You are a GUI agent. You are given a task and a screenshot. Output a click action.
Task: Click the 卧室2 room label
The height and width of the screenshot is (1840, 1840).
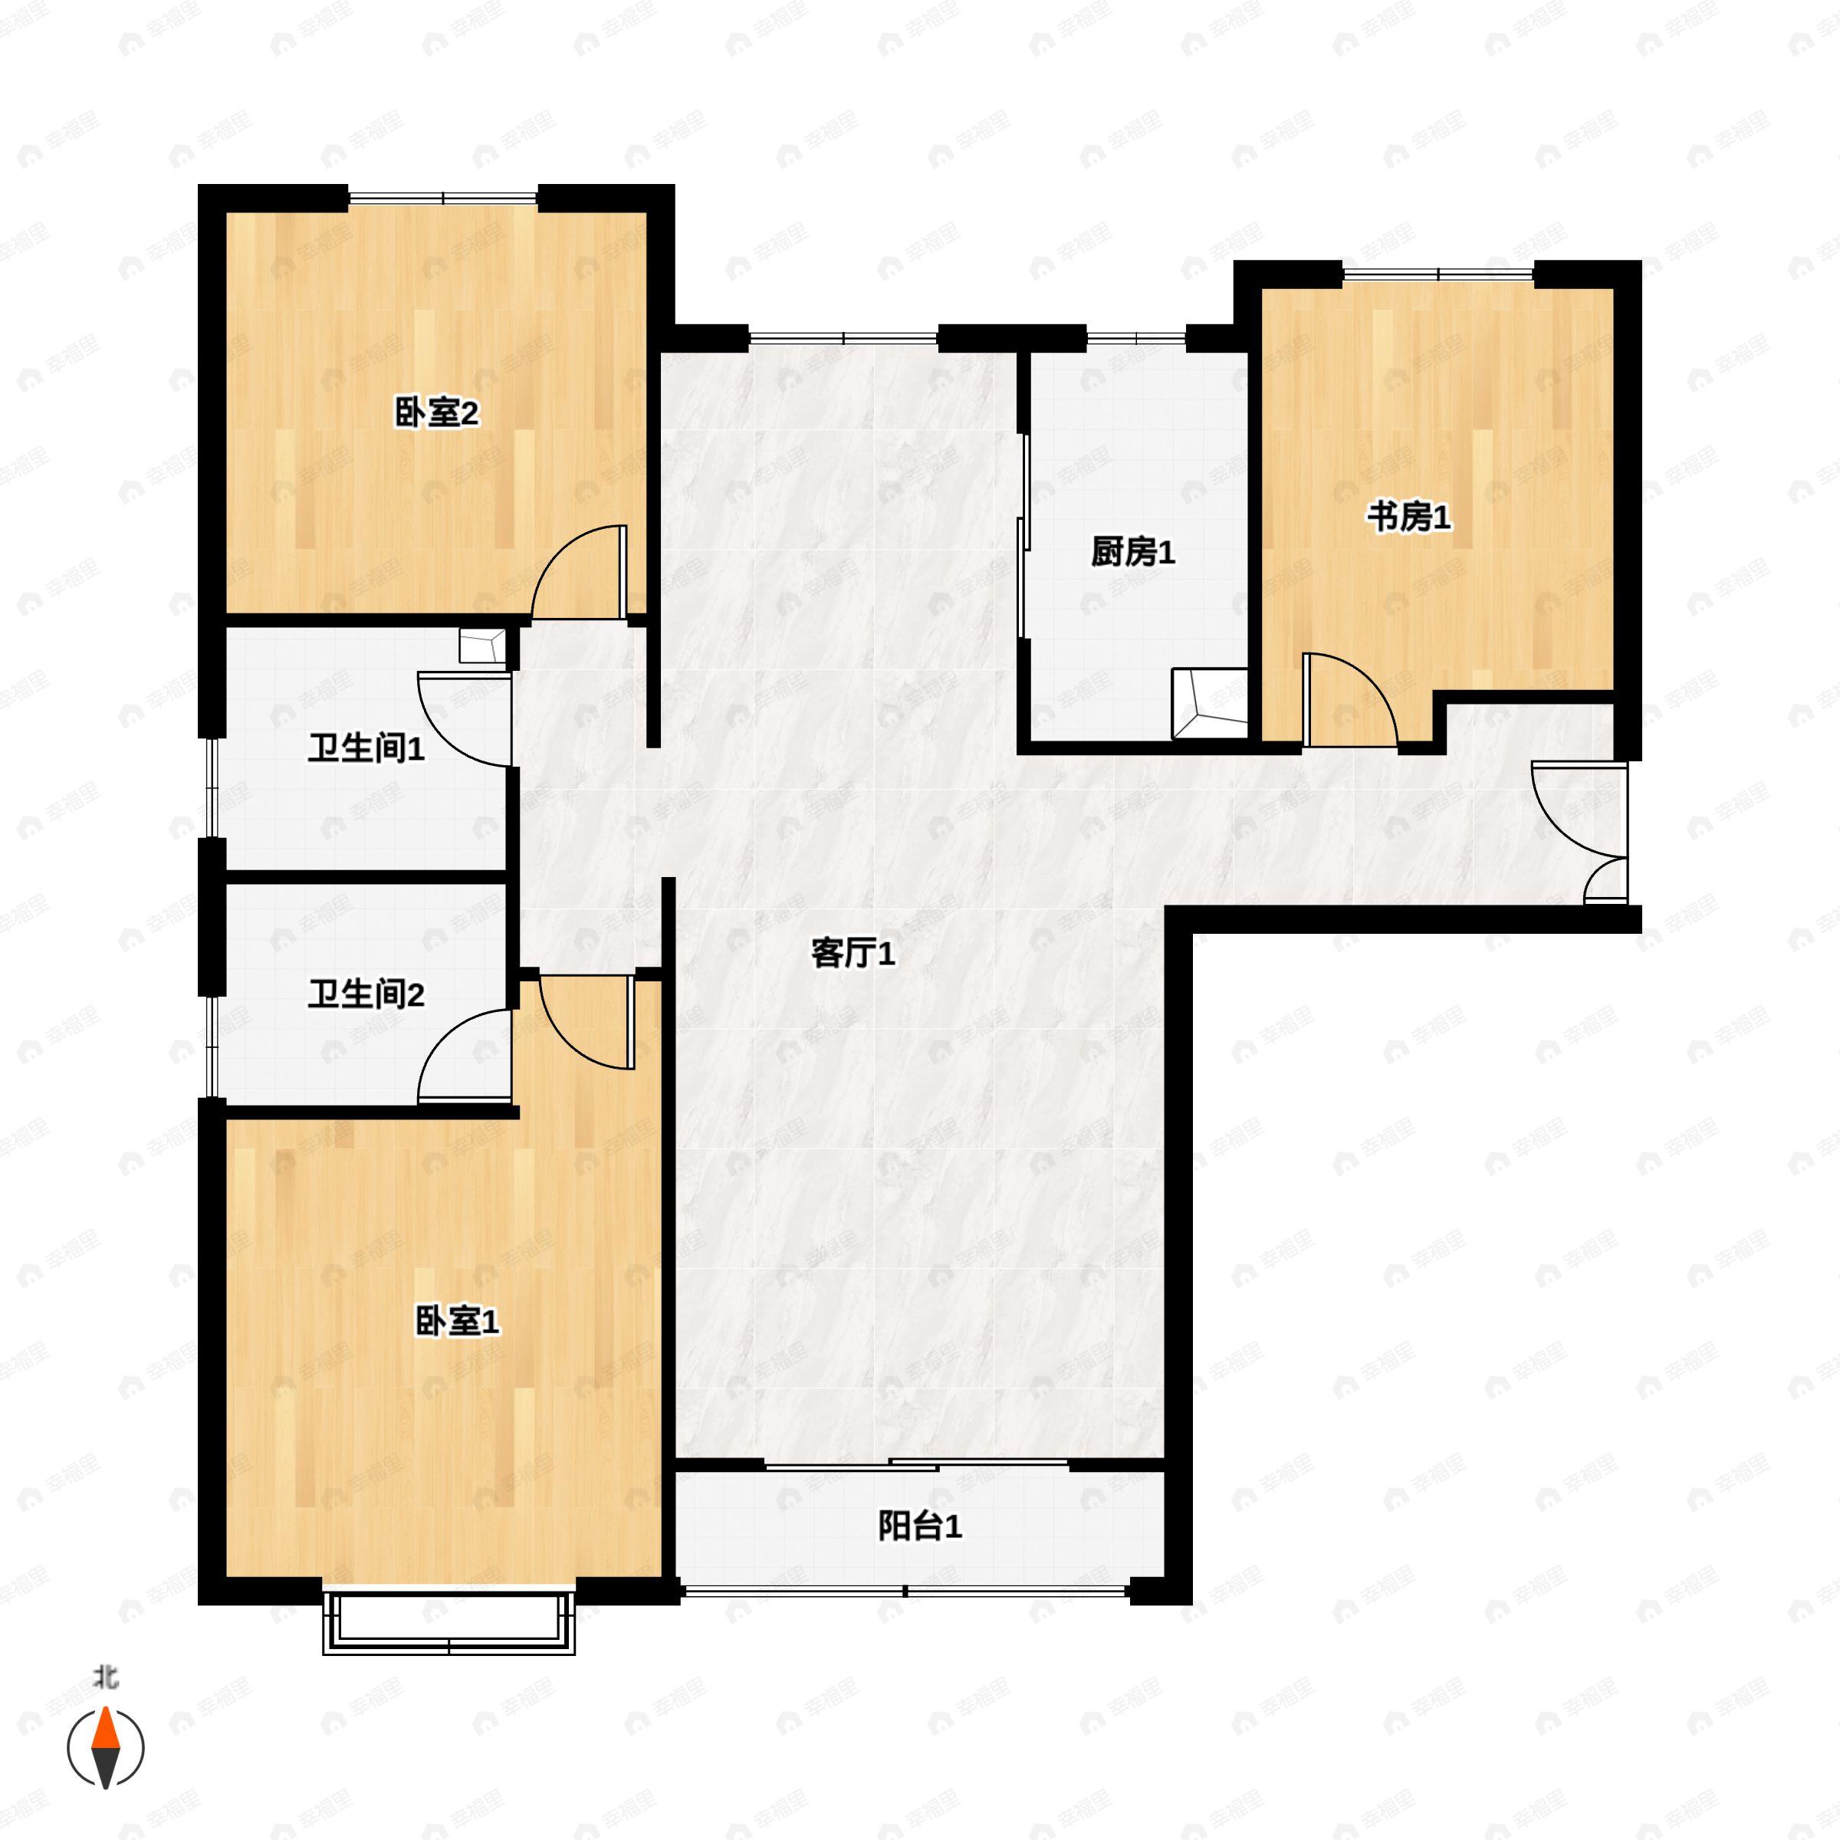(436, 413)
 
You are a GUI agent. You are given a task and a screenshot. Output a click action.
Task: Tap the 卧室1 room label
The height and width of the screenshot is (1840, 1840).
(457, 1321)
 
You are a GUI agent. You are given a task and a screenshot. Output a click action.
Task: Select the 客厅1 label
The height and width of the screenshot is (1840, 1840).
(853, 953)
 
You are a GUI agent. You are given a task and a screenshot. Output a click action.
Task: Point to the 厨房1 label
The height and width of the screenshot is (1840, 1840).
(1132, 551)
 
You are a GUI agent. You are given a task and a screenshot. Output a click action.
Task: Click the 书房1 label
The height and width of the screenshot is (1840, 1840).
(1408, 518)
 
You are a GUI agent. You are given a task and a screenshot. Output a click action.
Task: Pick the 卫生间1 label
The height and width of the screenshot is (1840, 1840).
(366, 748)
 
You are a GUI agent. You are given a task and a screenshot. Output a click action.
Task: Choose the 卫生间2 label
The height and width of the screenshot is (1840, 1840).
(366, 994)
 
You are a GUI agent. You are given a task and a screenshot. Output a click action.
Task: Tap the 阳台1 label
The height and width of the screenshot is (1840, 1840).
(919, 1526)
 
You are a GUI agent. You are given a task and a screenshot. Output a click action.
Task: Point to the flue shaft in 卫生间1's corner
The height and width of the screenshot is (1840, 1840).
(482, 646)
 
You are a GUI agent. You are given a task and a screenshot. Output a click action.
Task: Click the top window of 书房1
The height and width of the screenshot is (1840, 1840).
(1438, 274)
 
